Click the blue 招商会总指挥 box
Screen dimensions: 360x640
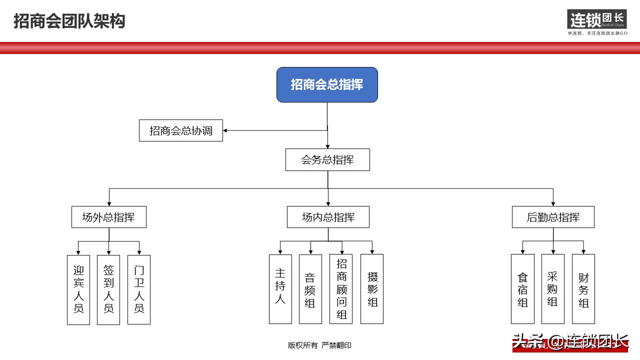click(327, 84)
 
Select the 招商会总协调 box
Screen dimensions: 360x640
click(181, 130)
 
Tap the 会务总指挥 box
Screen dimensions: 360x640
click(327, 160)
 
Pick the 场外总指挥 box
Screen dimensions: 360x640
click(108, 217)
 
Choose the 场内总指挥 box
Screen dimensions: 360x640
click(328, 217)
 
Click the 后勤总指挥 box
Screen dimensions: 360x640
click(553, 217)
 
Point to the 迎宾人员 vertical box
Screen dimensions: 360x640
click(78, 289)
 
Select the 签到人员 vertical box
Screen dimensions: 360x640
click(108, 289)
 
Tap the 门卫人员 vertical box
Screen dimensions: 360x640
click(139, 289)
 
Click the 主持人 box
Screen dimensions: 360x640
click(280, 288)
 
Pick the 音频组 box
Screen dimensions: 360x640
click(310, 288)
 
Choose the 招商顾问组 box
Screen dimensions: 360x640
click(341, 288)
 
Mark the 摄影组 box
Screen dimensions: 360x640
click(372, 288)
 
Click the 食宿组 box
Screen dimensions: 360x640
click(522, 288)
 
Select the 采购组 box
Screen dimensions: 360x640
click(552, 288)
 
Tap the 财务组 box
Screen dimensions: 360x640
click(583, 288)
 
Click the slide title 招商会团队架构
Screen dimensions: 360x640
click(69, 21)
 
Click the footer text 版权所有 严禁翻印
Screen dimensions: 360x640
click(319, 345)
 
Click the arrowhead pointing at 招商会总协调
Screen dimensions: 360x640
click(225, 130)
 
